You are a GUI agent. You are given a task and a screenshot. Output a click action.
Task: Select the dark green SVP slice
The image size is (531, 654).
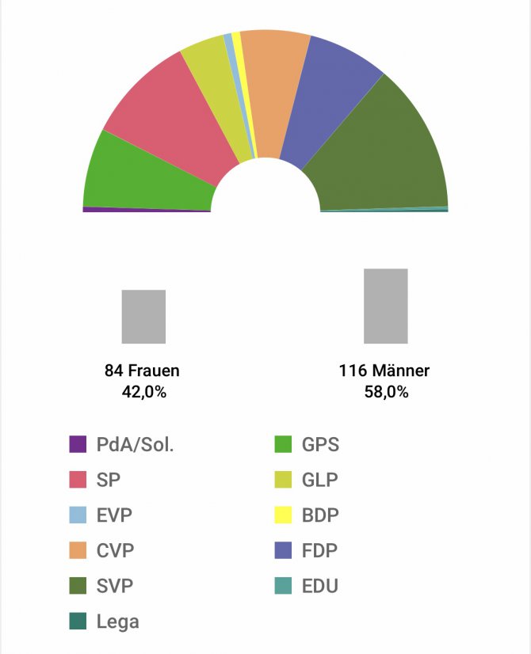point(380,150)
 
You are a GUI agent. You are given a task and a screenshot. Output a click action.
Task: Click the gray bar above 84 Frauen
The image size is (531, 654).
point(143,316)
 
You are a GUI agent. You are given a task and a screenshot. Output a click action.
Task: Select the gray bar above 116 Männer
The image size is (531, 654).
point(385,306)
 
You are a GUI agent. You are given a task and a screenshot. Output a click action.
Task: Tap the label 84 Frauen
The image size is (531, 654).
point(142,371)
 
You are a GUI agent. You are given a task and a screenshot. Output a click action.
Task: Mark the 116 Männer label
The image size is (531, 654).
point(384,371)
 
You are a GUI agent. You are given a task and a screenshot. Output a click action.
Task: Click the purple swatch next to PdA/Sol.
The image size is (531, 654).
point(78,444)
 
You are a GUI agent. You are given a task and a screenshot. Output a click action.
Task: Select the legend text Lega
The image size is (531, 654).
point(117,622)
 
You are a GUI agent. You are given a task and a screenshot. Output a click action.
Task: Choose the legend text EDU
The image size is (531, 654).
point(320,587)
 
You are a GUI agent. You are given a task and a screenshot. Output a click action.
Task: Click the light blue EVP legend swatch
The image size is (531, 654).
point(78,515)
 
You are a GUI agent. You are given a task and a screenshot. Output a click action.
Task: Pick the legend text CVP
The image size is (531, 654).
point(114,551)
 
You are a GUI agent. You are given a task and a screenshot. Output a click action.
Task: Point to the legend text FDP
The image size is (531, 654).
point(320,551)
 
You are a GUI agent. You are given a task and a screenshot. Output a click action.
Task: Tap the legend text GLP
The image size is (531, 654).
point(320,480)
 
